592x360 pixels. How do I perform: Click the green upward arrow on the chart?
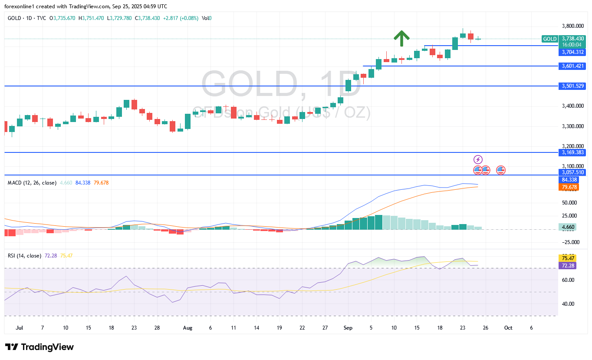[402, 38]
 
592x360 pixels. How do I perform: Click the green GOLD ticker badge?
[549, 39]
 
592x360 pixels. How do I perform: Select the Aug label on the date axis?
[187, 328]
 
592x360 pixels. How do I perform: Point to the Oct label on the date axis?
[508, 328]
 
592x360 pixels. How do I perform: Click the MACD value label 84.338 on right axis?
[569, 180]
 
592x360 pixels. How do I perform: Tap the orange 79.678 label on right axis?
[569, 187]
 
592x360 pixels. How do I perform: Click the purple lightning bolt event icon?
[478, 159]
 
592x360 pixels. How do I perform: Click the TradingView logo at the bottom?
[39, 347]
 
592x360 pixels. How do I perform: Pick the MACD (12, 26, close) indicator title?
[32, 183]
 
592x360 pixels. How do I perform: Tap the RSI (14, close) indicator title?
[24, 256]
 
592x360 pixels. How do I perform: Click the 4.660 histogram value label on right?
[568, 227]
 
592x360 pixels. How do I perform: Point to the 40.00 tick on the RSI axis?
[568, 304]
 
